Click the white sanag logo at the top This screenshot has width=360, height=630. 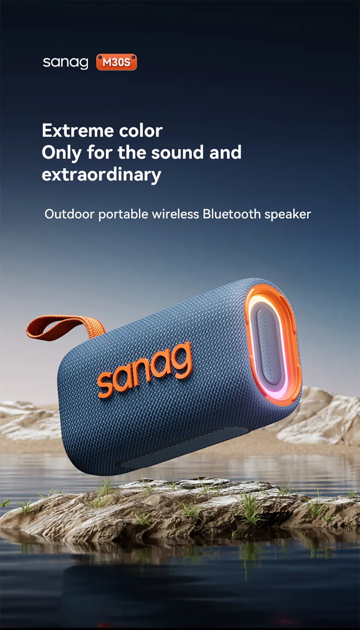[x=66, y=63]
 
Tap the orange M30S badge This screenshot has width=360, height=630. [x=116, y=62]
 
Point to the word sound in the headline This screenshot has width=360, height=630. [x=177, y=152]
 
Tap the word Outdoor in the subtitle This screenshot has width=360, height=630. [x=69, y=214]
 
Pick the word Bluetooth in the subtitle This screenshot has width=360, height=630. [x=232, y=214]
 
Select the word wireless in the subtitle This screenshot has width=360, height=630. [x=175, y=214]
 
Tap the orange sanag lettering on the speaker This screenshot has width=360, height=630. [x=145, y=370]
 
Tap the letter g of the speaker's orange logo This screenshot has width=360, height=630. [x=180, y=358]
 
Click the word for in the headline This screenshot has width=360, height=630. [x=99, y=152]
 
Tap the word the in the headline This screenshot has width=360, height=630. [x=132, y=152]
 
